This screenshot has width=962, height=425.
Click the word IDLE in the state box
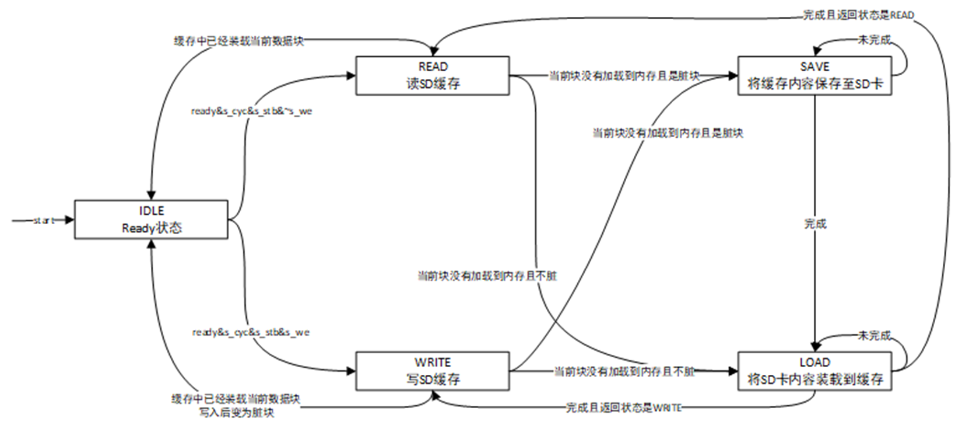pyautogui.click(x=151, y=211)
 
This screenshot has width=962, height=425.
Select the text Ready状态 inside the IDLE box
pyautogui.click(x=152, y=228)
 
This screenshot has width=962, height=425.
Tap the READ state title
pyautogui.click(x=433, y=67)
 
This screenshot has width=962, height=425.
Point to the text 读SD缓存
pyautogui.click(x=433, y=83)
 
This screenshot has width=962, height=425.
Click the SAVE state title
pyautogui.click(x=814, y=67)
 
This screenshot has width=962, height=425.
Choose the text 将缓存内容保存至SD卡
pyautogui.click(x=814, y=83)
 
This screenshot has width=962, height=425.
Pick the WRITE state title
pyautogui.click(x=433, y=363)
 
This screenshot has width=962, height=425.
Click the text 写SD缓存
pyautogui.click(x=433, y=379)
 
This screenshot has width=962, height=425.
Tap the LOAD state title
pyautogui.click(x=814, y=363)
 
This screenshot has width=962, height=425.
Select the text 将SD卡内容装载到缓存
pyautogui.click(x=814, y=379)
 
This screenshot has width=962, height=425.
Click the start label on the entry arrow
pyautogui.click(x=43, y=220)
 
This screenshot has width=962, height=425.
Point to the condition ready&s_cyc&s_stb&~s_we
pyautogui.click(x=251, y=111)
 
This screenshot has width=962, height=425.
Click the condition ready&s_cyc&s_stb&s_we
pyautogui.click(x=251, y=332)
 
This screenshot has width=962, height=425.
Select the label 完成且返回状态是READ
pyautogui.click(x=858, y=15)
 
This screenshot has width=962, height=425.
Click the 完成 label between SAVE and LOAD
pyautogui.click(x=814, y=224)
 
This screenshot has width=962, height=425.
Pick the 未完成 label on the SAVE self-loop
pyautogui.click(x=874, y=40)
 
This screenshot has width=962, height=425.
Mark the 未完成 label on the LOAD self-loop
pyautogui.click(x=874, y=336)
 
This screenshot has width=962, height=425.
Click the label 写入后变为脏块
pyautogui.click(x=236, y=413)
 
